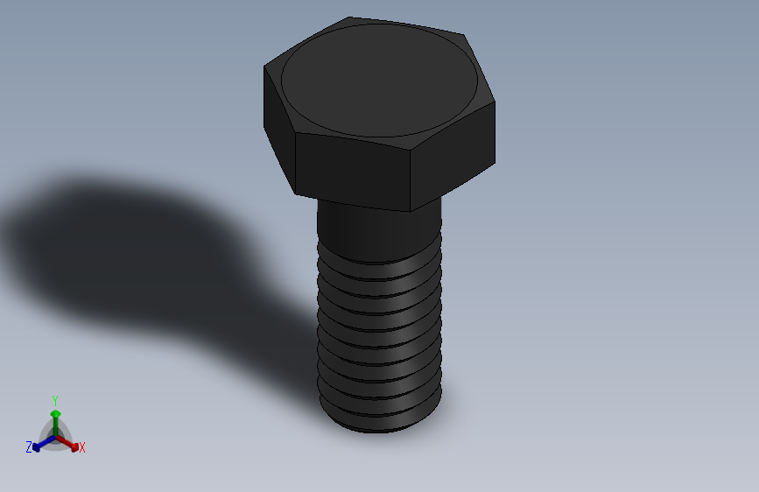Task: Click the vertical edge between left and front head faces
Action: [295, 162]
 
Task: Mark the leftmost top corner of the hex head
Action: [264, 67]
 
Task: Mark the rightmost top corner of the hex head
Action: [495, 102]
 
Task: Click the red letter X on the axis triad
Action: [82, 447]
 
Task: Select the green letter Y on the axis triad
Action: [54, 399]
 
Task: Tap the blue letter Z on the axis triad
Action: [29, 447]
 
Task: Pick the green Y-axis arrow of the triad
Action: [54, 418]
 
